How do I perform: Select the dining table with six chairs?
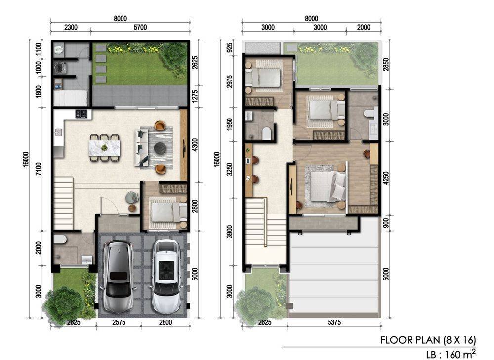(104, 148)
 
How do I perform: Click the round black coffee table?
(161, 147)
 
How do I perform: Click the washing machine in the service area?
(59, 68)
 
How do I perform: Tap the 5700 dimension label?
(140, 27)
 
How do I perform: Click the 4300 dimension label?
(195, 145)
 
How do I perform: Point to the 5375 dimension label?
(334, 322)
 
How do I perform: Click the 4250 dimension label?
(386, 178)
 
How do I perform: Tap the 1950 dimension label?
(229, 124)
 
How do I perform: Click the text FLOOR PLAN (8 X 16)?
(428, 340)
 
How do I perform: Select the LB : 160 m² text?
(451, 354)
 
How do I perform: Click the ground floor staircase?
(64, 203)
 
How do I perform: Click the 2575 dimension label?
(119, 322)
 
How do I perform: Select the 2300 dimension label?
(71, 27)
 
